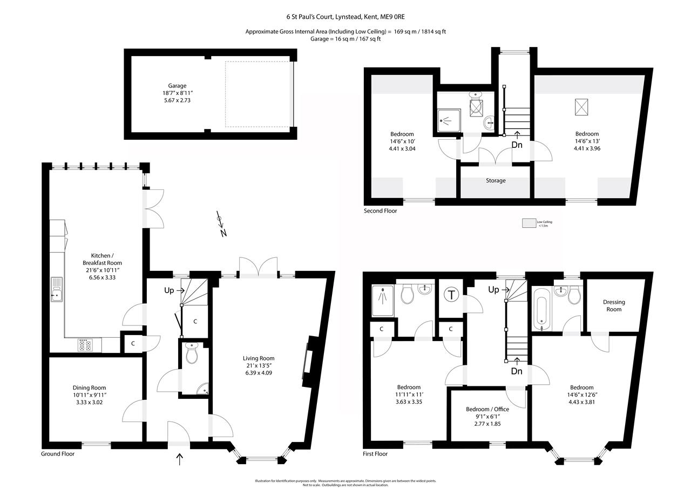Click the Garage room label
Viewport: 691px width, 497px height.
(177, 86)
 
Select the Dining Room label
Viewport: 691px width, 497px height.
(89, 387)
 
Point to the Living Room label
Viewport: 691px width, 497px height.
(259, 358)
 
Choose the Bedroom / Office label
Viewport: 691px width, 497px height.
(487, 409)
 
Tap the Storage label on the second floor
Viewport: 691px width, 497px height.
(495, 181)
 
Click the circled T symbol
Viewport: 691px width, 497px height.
(450, 295)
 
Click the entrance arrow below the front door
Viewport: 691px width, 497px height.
(179, 459)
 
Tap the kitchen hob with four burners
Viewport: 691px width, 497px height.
(85, 345)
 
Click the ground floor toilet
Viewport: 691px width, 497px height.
(192, 353)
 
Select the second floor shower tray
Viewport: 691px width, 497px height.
(449, 121)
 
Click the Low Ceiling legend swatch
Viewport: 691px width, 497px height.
(527, 223)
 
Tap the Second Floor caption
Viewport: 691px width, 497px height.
(380, 211)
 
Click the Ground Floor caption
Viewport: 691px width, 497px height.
(58, 454)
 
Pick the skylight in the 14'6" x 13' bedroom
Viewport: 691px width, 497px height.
(581, 107)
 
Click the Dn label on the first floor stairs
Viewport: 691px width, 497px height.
(517, 371)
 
